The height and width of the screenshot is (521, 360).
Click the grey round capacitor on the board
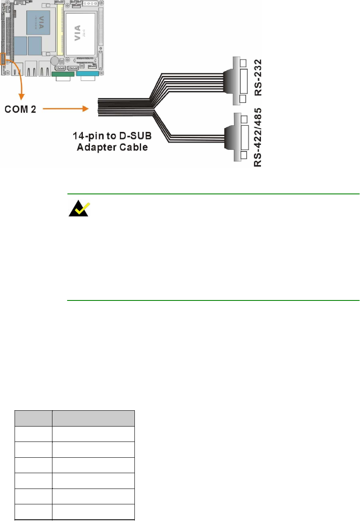point(54,60)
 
